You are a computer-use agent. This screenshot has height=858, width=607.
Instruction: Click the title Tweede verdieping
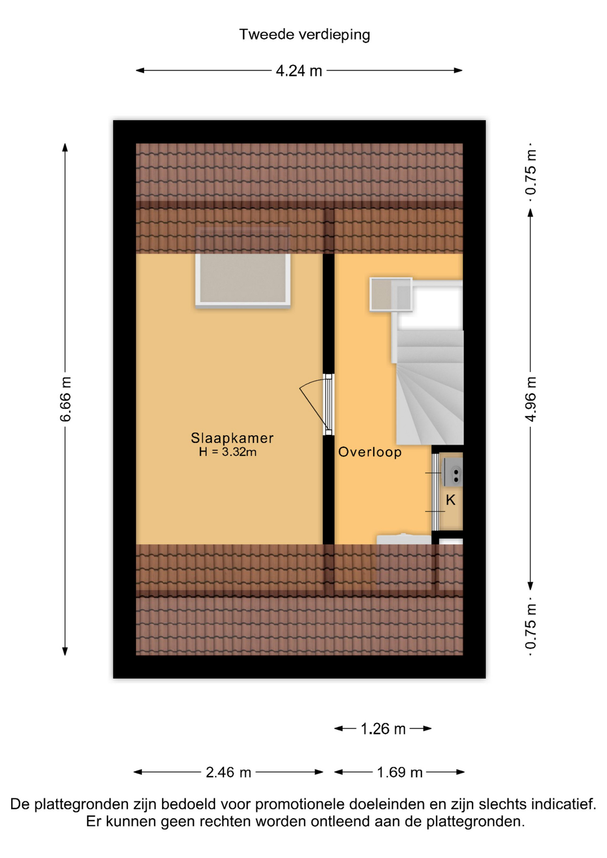(x=304, y=35)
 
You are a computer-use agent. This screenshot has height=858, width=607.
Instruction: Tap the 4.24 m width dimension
(x=299, y=71)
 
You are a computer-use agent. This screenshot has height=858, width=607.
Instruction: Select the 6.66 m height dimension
(x=65, y=399)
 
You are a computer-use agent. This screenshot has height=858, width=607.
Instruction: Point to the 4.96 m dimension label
(x=531, y=399)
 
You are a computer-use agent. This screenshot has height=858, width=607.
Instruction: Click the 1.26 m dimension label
(x=383, y=729)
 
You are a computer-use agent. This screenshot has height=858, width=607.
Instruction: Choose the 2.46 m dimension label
(x=228, y=772)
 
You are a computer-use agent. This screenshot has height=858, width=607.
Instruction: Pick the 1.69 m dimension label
(x=400, y=772)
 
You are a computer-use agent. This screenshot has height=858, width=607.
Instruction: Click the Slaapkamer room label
(x=232, y=438)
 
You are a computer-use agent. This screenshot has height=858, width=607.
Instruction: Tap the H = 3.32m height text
(x=228, y=452)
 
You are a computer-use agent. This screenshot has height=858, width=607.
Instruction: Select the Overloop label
(x=370, y=452)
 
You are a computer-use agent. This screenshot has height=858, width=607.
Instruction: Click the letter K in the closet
(x=451, y=500)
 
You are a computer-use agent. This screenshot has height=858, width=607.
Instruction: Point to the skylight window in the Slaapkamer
(x=243, y=279)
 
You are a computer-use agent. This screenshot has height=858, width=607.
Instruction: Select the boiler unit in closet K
(x=452, y=471)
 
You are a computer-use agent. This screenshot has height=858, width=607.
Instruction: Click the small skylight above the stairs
(x=391, y=294)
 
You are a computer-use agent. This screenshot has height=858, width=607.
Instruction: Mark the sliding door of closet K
(x=435, y=492)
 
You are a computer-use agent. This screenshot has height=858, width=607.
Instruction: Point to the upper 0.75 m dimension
(x=531, y=172)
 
